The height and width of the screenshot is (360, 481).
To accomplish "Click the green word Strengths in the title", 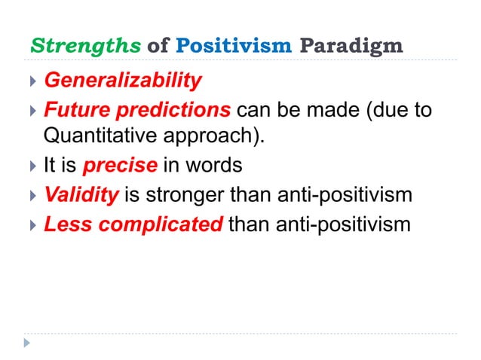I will pyautogui.click(x=84, y=45).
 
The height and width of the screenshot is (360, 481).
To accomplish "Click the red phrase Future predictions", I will pyautogui.click(x=136, y=111).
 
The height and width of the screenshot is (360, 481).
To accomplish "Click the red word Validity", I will pyautogui.click(x=81, y=195).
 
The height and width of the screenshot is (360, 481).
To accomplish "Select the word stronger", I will pyautogui.click(x=191, y=195).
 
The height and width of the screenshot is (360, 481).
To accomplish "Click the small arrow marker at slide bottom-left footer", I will pyautogui.click(x=28, y=343).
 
